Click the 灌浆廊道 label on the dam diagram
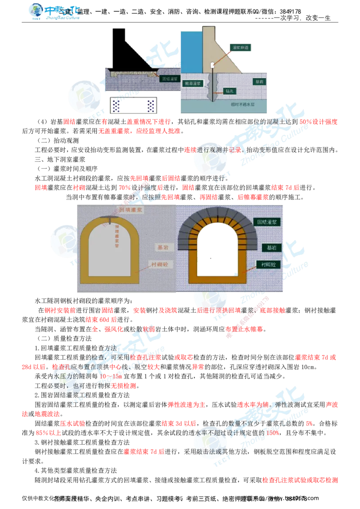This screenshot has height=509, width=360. [x=237, y=47]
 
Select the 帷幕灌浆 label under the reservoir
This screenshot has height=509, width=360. [x=192, y=84]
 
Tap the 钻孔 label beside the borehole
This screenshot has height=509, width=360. [x=229, y=91]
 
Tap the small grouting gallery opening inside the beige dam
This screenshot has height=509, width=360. [x=212, y=66]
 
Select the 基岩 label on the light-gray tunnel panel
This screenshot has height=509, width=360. [x=161, y=247]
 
